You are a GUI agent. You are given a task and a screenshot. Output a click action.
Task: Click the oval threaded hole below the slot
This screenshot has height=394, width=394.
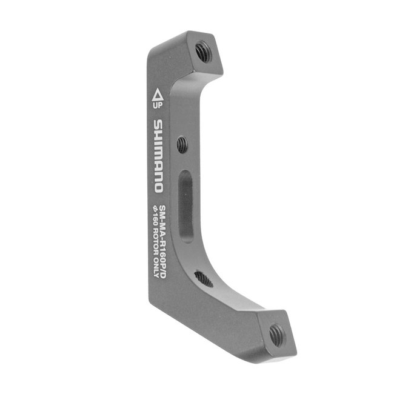coord(204,279)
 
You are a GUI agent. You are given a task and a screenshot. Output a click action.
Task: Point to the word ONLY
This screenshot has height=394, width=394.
coord(156,267)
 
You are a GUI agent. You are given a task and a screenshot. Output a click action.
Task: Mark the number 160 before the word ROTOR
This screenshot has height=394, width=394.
coord(156,222)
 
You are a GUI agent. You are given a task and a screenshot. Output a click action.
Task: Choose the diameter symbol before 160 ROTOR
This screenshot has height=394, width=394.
coord(156,210)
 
